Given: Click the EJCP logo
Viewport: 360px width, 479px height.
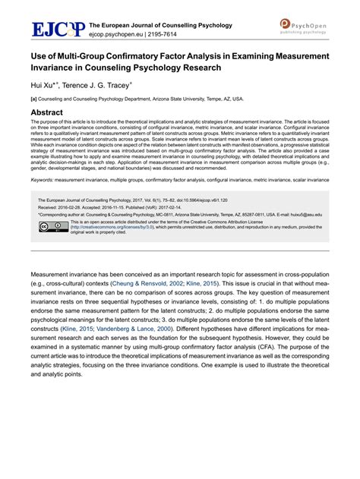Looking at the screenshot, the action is coord(57,29).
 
